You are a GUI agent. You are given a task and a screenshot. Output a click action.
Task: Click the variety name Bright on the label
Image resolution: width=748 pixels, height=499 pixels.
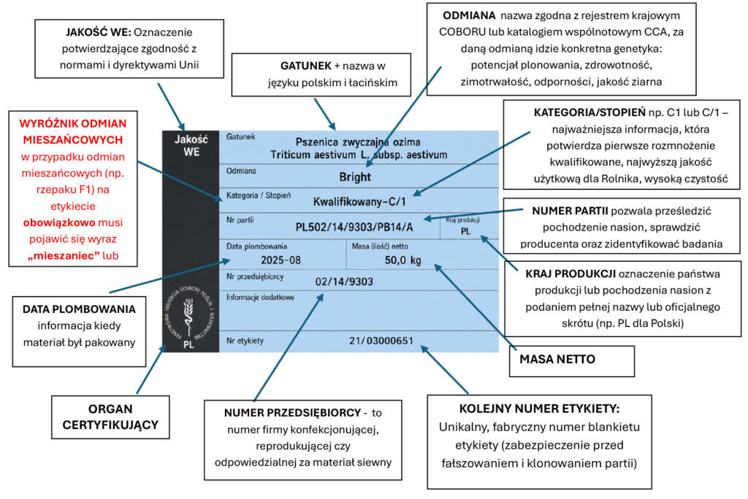coord(355,177)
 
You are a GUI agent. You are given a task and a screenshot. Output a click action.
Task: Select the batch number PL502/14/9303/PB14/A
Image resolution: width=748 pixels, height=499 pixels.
coord(354,227)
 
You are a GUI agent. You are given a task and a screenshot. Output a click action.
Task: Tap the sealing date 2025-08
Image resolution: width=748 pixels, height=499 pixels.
coord(280,260)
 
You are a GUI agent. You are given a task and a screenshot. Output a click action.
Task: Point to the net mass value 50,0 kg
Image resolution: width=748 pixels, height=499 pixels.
coord(402,260)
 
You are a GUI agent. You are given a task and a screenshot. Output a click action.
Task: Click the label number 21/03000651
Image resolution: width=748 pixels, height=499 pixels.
coord(381,341)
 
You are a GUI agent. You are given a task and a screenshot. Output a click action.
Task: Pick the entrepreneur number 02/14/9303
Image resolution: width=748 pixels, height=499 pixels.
coord(344,282)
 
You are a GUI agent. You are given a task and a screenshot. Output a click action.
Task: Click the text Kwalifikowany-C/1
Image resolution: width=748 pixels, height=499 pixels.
coord(359,201)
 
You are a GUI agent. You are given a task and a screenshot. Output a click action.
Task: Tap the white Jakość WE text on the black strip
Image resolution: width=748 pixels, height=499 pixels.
coord(191,146)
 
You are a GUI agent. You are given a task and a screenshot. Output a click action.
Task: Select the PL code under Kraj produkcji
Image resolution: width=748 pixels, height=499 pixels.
coord(465,231)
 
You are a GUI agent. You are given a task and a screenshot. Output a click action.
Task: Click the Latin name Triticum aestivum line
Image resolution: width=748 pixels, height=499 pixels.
coord(359,155)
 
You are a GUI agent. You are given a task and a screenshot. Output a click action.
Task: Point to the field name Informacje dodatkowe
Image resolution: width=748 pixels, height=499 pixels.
coord(260,298)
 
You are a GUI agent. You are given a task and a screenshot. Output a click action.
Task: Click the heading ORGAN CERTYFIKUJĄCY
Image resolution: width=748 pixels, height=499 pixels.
coord(110,417)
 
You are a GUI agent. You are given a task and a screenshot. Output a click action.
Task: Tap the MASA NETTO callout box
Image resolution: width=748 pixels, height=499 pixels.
coord(572,361)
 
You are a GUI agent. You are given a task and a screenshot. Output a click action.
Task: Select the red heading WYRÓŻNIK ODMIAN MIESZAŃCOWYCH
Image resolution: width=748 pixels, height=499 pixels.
coord(73,131)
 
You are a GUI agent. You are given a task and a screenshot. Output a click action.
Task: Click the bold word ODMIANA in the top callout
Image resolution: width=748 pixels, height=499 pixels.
coord(469,16)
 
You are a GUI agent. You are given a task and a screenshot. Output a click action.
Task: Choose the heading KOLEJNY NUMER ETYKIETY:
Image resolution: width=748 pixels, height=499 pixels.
coord(539,409)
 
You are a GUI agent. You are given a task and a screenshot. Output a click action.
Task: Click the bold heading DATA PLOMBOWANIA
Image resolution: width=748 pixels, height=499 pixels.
coord(79,309)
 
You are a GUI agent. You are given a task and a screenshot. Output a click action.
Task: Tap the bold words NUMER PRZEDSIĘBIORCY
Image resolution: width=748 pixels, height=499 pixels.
coord(292,413)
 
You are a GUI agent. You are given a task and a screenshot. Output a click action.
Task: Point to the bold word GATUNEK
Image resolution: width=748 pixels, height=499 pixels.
coord(306,66)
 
